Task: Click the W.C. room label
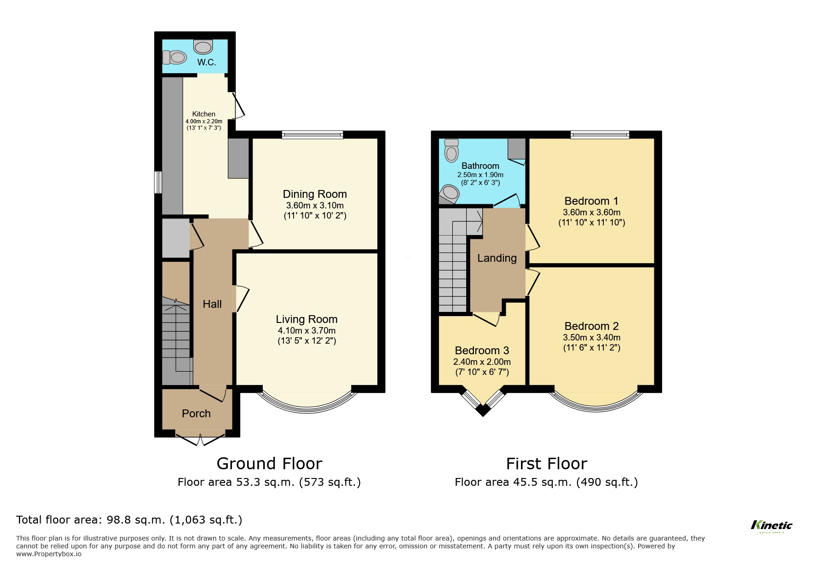tap(207, 62)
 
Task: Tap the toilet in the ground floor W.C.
tap(174, 58)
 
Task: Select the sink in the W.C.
tap(203, 46)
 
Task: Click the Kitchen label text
tap(203, 114)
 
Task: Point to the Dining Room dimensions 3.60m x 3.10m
tap(315, 206)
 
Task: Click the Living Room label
tap(306, 319)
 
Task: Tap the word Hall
tap(212, 304)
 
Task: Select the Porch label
tap(196, 414)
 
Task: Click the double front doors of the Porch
tap(200, 438)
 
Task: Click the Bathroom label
tap(480, 166)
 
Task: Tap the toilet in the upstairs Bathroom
tap(452, 150)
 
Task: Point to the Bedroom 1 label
tap(591, 201)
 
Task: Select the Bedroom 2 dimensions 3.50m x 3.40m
tap(591, 338)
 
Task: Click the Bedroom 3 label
tap(482, 351)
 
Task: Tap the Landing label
tap(497, 258)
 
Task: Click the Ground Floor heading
tap(269, 463)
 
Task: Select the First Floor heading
tap(546, 463)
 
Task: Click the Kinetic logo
tap(771, 525)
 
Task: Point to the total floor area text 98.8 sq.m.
tap(129, 520)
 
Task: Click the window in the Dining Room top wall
tap(313, 135)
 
